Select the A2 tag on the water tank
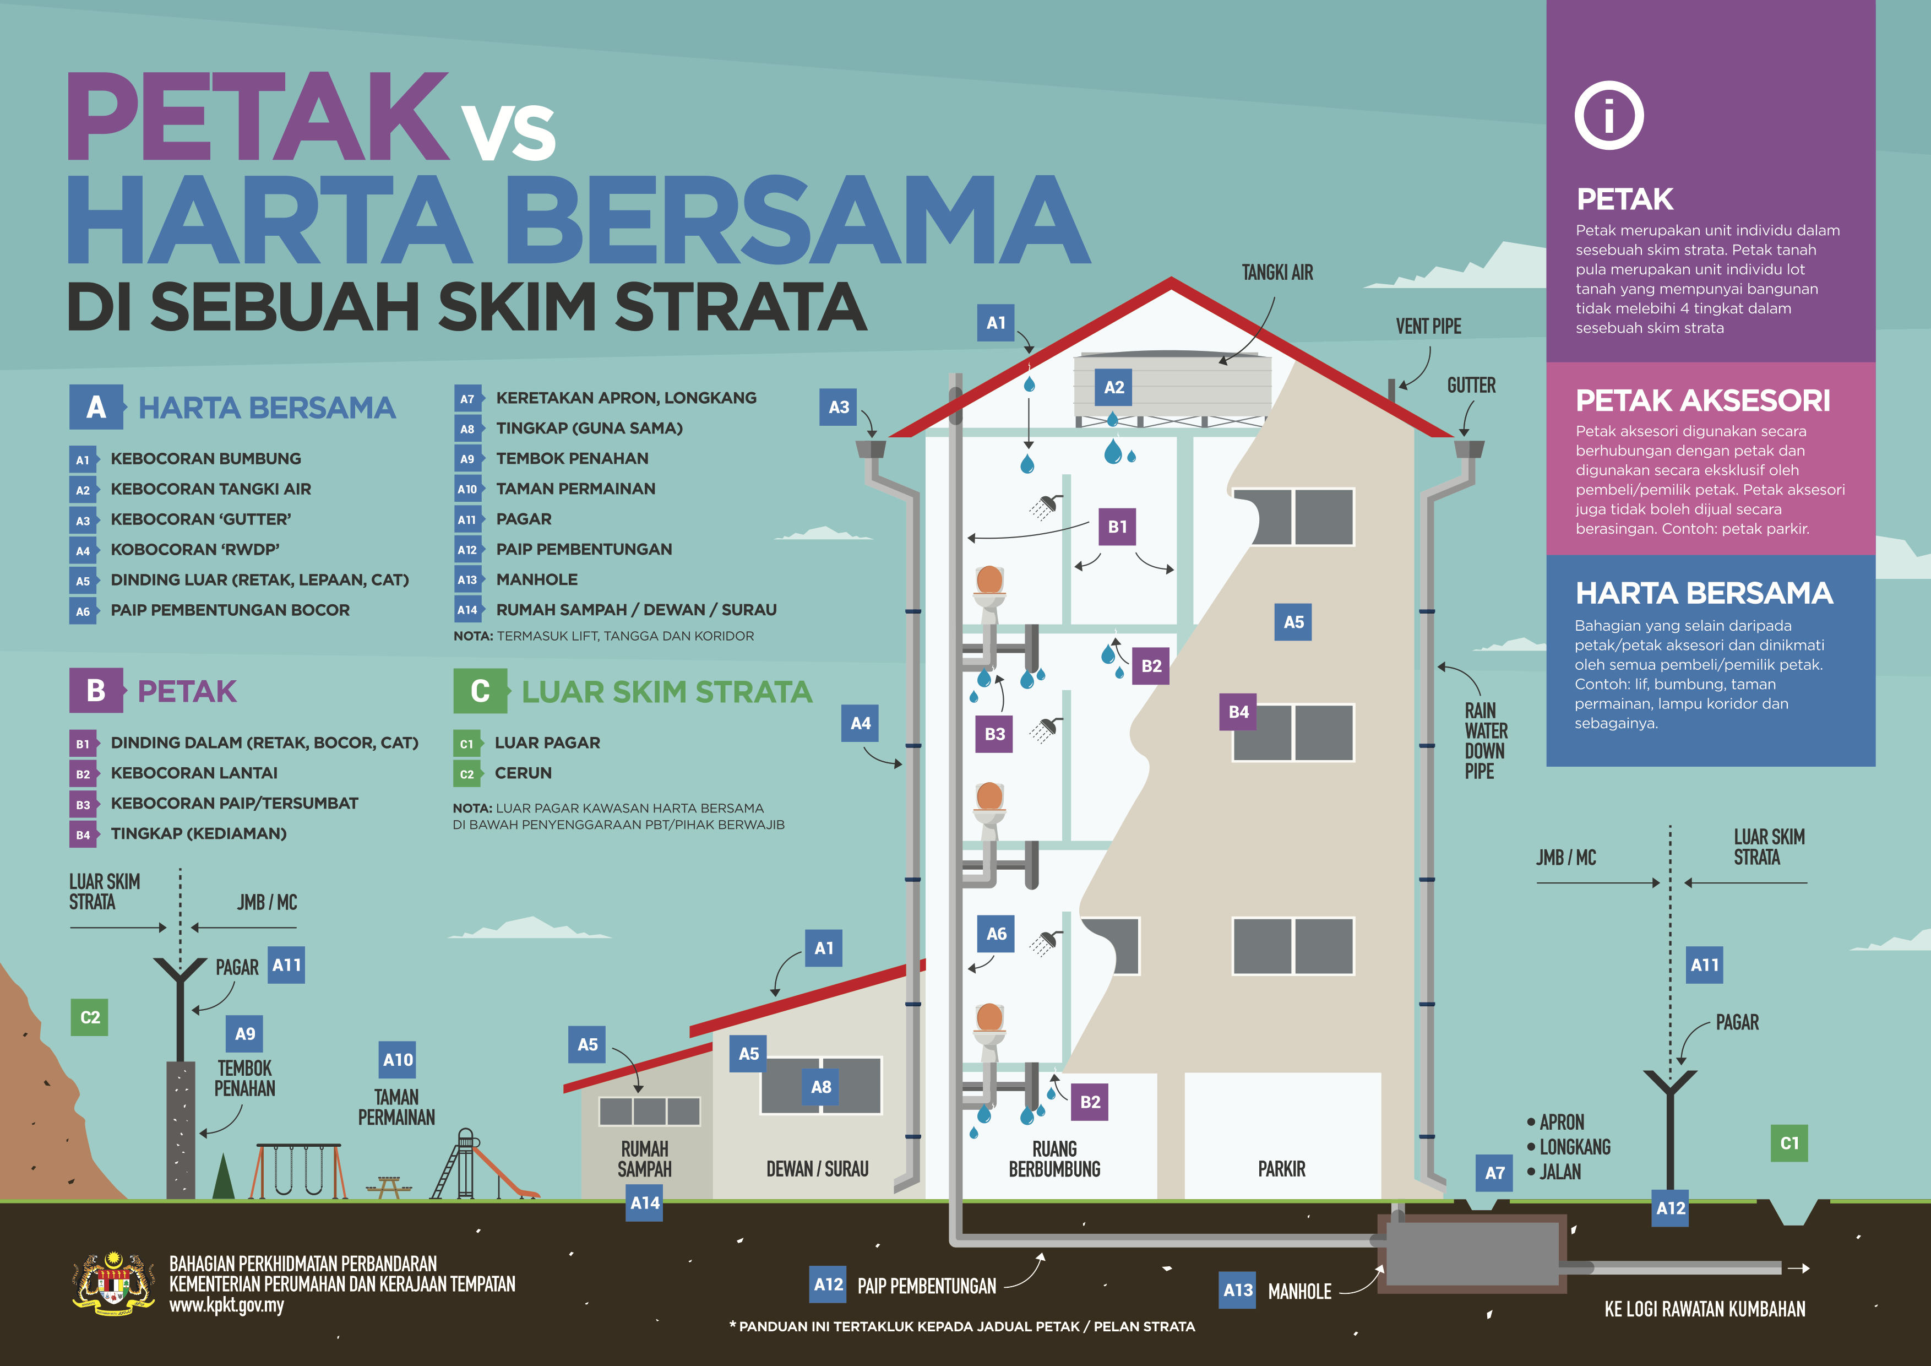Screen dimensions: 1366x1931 click(x=1113, y=387)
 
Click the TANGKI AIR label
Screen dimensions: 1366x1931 click(x=1277, y=273)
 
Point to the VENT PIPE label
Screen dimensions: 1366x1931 click(x=1428, y=327)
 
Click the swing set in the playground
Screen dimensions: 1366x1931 click(x=298, y=1170)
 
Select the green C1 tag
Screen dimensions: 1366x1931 click(x=1789, y=1143)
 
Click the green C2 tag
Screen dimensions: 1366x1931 click(x=89, y=1017)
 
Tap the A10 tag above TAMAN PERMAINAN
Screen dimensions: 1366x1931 click(x=398, y=1060)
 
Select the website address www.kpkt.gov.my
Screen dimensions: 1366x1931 click(x=226, y=1305)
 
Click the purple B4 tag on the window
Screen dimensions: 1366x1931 click(x=1238, y=712)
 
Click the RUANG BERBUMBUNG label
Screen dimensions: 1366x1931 click(x=1054, y=1159)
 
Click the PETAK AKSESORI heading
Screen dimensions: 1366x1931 click(x=1702, y=400)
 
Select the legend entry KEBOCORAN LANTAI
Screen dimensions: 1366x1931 click(x=193, y=773)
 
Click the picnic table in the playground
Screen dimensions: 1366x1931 click(x=389, y=1186)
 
